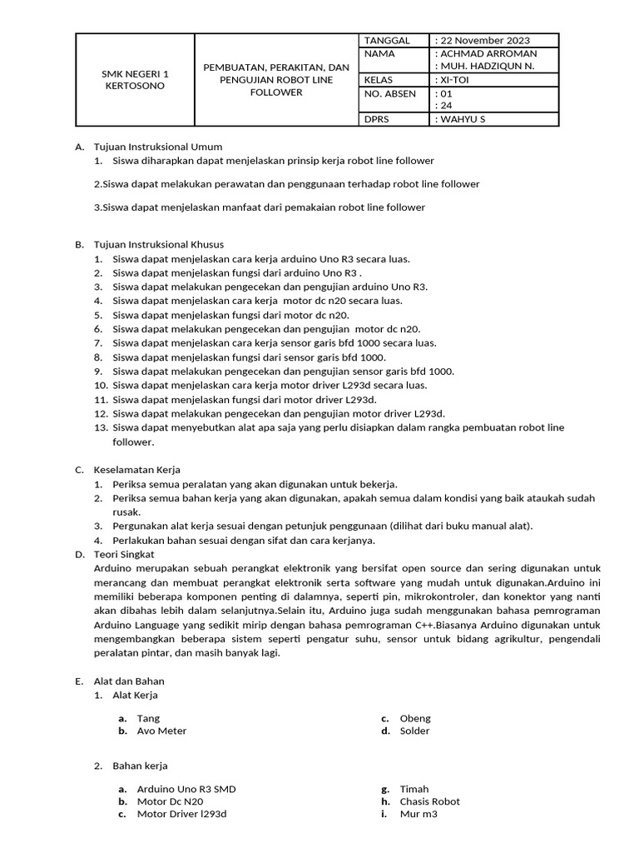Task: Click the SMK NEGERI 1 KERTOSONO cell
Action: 134,79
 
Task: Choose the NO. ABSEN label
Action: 390,93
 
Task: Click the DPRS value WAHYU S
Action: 460,119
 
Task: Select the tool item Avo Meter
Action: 161,731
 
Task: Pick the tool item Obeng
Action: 415,718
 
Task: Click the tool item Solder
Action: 414,731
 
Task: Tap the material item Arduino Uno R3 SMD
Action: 186,789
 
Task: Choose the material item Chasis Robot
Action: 429,801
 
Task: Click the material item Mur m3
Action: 418,814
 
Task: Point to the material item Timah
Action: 414,789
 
